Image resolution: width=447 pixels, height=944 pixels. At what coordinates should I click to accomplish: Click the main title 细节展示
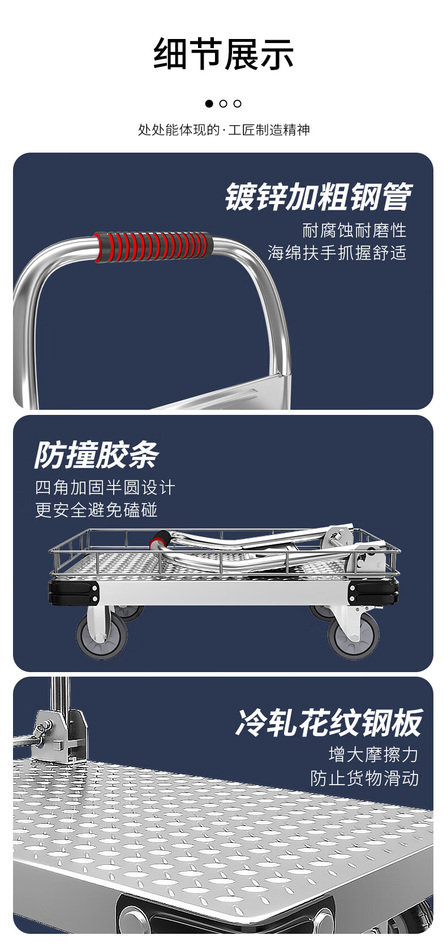click(x=223, y=54)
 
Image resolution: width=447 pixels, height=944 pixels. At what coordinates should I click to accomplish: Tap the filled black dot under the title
click(x=209, y=103)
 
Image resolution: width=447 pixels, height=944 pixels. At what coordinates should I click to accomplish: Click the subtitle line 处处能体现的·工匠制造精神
click(x=224, y=130)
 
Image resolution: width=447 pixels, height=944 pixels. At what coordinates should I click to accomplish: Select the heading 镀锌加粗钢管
click(x=319, y=197)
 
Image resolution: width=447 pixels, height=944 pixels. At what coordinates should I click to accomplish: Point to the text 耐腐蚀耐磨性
click(x=354, y=231)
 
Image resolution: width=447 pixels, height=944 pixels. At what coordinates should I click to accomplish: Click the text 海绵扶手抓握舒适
click(x=337, y=253)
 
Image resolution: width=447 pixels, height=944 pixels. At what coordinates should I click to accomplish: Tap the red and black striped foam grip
click(x=153, y=246)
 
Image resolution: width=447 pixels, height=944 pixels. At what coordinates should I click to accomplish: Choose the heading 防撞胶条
click(x=97, y=455)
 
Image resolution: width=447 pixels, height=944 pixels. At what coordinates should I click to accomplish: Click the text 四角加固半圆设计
click(x=105, y=488)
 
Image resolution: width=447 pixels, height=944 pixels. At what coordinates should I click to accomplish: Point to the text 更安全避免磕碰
click(x=96, y=510)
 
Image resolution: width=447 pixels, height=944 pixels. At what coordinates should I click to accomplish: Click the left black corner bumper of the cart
click(x=74, y=592)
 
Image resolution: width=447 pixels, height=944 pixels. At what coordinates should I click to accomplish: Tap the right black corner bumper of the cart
click(x=374, y=592)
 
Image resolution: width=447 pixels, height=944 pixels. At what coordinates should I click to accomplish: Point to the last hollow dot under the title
click(x=238, y=103)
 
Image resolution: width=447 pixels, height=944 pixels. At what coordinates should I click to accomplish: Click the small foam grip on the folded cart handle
click(x=159, y=540)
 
